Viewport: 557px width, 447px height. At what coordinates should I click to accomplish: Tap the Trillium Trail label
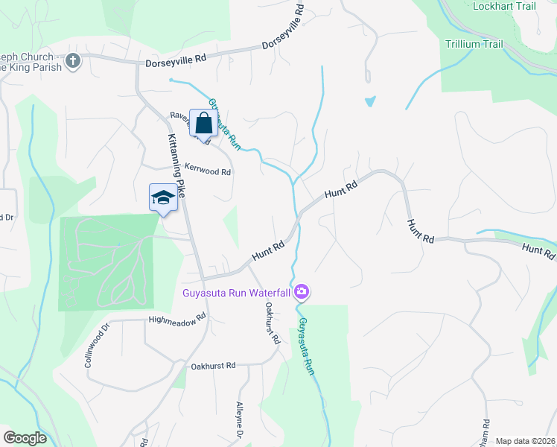coord(474,44)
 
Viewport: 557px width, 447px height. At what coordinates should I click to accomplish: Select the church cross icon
coord(73,60)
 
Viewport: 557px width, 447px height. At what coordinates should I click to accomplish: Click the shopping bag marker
coord(203,123)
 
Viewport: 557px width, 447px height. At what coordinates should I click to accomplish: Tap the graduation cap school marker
coord(163,197)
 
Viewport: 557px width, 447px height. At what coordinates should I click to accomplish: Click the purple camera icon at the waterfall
coord(302,291)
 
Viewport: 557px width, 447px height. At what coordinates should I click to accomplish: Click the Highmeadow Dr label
coord(176,320)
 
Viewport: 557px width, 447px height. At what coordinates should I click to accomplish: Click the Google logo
coord(25,438)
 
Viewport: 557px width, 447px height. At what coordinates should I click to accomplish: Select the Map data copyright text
coord(526,441)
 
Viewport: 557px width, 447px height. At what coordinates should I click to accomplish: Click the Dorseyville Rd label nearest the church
coord(174,63)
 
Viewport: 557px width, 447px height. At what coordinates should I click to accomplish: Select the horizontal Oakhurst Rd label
coord(213,366)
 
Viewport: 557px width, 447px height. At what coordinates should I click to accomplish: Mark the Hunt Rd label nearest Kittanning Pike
coord(268,250)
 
